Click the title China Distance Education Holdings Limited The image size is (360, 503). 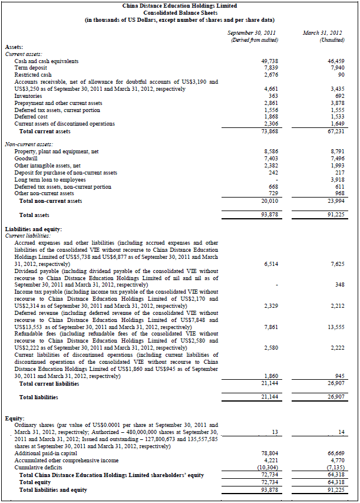180,5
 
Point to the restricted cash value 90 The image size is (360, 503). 338,75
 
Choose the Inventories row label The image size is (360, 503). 28,96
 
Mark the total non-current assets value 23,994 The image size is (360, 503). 333,200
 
